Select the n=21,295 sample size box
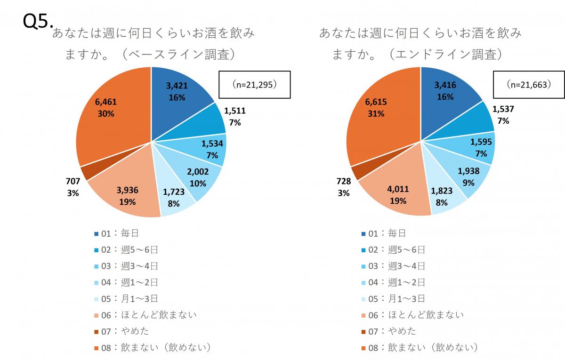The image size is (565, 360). [x=254, y=85]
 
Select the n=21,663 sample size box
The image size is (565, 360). [x=529, y=85]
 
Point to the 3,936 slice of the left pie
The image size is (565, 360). [x=127, y=196]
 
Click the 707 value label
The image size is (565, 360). [x=73, y=181]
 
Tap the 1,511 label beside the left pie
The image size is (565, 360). [x=235, y=111]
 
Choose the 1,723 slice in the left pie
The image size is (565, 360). [x=175, y=198]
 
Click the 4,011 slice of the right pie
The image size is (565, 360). [x=398, y=196]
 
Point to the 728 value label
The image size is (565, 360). [x=343, y=181]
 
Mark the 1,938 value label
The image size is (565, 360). [x=468, y=171]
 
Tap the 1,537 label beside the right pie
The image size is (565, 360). [x=503, y=109]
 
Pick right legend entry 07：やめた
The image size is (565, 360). [x=388, y=331]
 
